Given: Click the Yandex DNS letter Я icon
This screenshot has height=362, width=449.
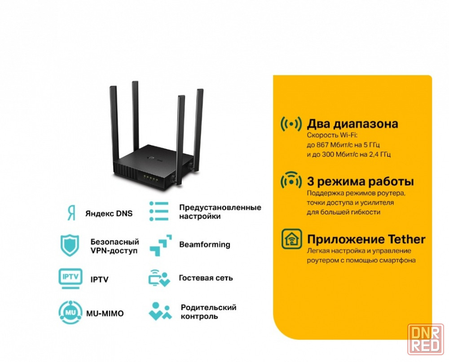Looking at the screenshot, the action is pyautogui.click(x=71, y=213).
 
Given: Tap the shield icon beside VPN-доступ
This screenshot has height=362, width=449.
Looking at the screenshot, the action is pyautogui.click(x=70, y=245).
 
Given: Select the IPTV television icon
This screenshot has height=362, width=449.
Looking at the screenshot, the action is pyautogui.click(x=70, y=279).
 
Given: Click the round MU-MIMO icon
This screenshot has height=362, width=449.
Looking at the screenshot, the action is pyautogui.click(x=70, y=313).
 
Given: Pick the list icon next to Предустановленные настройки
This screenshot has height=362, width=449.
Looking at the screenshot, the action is pyautogui.click(x=159, y=211).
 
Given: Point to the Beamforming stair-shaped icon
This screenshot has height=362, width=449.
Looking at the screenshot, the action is pyautogui.click(x=161, y=245).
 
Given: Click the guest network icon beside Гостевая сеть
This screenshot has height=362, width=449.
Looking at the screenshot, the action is pyautogui.click(x=159, y=278).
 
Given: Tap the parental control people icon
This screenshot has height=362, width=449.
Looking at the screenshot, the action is pyautogui.click(x=160, y=311).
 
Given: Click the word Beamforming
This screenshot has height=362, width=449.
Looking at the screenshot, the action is pyautogui.click(x=205, y=244).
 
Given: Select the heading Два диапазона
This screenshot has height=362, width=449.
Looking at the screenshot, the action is pyautogui.click(x=352, y=124).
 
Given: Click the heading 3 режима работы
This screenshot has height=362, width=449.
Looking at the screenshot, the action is pyautogui.click(x=361, y=181).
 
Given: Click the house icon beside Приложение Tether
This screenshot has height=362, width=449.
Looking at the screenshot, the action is pyautogui.click(x=291, y=239).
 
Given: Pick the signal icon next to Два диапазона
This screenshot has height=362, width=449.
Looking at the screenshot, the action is pyautogui.click(x=291, y=124).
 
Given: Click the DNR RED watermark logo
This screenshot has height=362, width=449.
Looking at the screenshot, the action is pyautogui.click(x=426, y=340).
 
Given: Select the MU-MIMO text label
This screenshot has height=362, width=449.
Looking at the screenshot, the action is pyautogui.click(x=105, y=314).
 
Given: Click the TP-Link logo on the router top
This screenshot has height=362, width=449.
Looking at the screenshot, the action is pyautogui.click(x=154, y=157).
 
